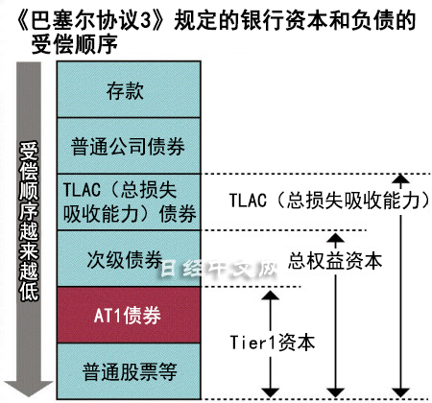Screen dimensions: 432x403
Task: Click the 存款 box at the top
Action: [129, 89]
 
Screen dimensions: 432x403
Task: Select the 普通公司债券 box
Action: [129, 146]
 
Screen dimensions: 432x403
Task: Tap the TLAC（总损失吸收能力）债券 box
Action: [129, 202]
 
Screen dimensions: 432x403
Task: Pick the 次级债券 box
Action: [129, 258]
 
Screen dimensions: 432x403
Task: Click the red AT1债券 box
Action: [129, 315]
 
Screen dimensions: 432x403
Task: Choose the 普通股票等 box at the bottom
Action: [129, 371]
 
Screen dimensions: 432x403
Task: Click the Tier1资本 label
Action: [273, 343]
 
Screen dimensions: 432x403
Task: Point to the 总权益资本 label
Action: [335, 261]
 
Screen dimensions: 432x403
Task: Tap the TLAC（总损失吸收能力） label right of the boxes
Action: [329, 201]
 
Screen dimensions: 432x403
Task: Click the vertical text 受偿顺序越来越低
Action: [29, 222]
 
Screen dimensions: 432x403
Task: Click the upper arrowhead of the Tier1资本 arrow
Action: [271, 296]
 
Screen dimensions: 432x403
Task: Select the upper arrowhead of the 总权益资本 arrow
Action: [335, 238]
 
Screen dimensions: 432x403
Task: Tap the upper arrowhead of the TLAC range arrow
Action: [400, 179]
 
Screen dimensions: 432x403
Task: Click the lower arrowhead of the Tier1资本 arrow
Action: [271, 392]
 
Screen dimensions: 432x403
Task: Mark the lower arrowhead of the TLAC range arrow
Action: [400, 392]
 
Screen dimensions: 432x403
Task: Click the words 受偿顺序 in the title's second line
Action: [75, 44]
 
